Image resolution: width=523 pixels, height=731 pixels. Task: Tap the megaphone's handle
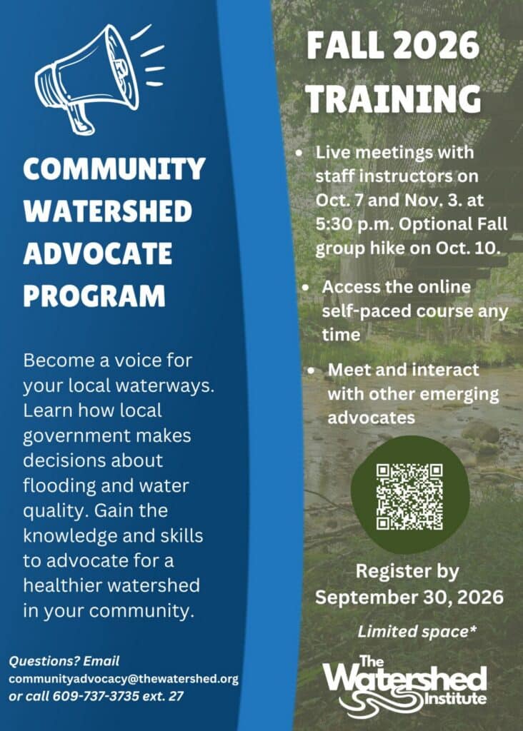coord(79,119)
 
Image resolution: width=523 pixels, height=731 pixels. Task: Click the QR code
coord(409,497)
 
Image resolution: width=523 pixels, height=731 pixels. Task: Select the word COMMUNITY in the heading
coord(114,168)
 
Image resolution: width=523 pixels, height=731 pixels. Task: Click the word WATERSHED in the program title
coord(108,211)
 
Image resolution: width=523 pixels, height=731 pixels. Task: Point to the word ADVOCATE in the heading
coord(97,253)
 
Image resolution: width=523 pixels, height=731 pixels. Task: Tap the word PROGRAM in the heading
coord(94,296)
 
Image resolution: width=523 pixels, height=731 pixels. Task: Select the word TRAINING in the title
coord(393,99)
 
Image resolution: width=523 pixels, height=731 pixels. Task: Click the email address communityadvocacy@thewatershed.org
coord(124,679)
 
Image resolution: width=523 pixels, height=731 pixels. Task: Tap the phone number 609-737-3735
coord(96,696)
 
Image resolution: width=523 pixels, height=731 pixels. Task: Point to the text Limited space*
coord(417,631)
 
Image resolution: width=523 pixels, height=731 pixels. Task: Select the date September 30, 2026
coord(409,598)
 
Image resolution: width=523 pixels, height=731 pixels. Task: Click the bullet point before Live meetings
coord(299,153)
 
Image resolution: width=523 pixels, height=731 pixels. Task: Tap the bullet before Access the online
coord(305,287)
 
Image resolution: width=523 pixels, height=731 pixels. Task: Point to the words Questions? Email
coord(64,661)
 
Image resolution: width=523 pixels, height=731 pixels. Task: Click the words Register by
coord(407,572)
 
